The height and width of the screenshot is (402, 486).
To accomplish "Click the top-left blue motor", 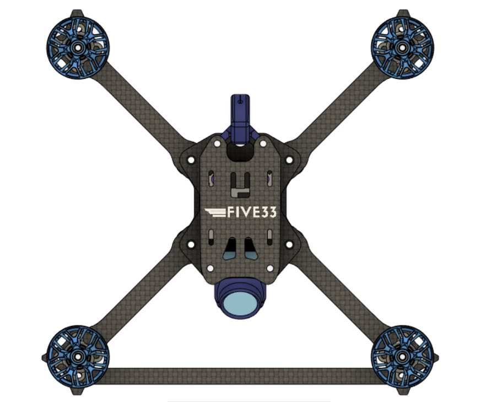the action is (x=78, y=48).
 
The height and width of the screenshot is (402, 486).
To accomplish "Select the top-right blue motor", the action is (x=402, y=48).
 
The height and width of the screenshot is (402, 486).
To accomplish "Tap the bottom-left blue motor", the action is (x=78, y=357).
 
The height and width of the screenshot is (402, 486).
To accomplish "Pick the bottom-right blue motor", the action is (x=402, y=357).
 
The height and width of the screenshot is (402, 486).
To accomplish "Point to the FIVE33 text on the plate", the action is (x=252, y=212).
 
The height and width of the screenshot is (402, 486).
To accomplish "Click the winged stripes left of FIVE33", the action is (x=215, y=212).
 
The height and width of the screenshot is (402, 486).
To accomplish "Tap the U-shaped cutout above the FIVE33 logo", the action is (x=240, y=185).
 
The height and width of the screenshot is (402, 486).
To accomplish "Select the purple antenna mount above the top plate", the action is (x=240, y=120).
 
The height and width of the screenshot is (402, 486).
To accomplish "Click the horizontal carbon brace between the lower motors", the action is (x=240, y=376).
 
